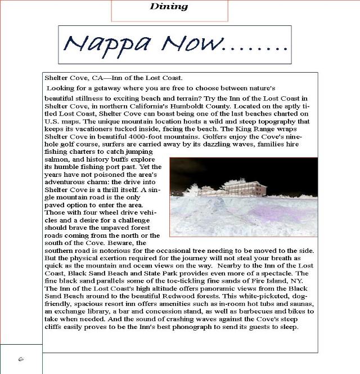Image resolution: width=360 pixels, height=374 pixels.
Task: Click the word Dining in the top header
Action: point(169,7)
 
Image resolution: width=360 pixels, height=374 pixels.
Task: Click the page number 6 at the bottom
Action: point(20,359)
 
